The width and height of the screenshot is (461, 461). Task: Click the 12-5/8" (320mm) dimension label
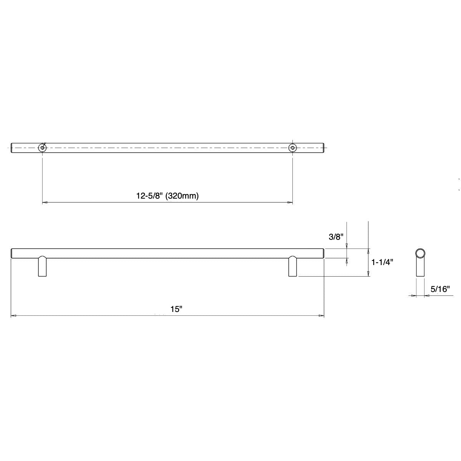[x=167, y=196]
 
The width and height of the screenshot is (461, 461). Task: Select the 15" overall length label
[x=176, y=309]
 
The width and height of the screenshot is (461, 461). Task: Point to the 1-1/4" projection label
[x=382, y=263]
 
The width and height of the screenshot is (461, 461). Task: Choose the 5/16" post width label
[x=440, y=289]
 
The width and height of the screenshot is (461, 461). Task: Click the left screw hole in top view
[x=42, y=148]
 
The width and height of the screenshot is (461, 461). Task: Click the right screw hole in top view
[x=293, y=148]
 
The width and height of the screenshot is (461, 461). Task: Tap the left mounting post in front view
[x=42, y=267]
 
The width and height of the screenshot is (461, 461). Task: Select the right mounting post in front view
[x=293, y=267]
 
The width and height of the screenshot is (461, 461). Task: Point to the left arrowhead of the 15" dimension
[x=13, y=316]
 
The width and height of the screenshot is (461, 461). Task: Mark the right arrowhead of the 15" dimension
[x=322, y=316]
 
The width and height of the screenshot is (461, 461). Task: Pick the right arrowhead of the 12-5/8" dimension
[x=290, y=202]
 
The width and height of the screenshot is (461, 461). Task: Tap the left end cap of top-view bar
[x=12, y=148]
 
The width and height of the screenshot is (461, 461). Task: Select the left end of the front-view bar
[x=12, y=253]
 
